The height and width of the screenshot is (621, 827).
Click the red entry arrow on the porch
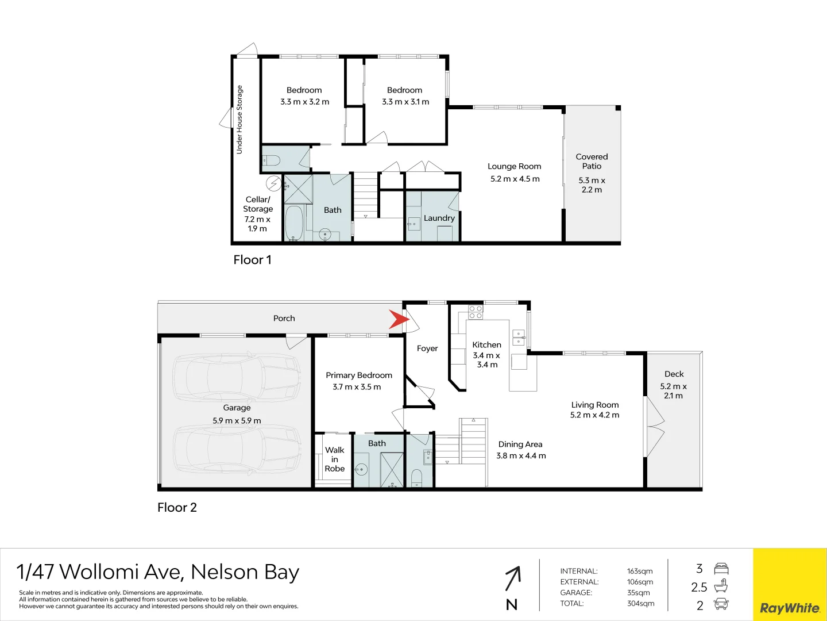(398, 320)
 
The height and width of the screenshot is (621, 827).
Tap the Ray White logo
(790, 608)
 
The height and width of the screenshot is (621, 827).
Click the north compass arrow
(512, 578)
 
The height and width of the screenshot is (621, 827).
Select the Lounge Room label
(514, 166)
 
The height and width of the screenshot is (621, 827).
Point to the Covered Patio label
(592, 161)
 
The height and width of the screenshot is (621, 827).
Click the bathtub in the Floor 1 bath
(294, 223)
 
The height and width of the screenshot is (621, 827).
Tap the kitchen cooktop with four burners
(476, 312)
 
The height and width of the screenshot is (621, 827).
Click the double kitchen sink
(519, 338)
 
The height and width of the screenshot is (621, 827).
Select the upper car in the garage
(237, 377)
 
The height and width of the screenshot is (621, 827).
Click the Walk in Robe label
(335, 459)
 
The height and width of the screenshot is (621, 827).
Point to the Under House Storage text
(239, 120)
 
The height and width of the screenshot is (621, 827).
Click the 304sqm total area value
(640, 603)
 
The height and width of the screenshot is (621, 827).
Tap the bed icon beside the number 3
(721, 569)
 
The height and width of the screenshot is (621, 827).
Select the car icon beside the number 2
(721, 604)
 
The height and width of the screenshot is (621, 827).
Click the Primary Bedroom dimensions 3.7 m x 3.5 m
(357, 387)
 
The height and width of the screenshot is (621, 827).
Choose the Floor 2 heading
(177, 507)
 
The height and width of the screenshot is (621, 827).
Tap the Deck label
(674, 374)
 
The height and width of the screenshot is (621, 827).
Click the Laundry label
(439, 218)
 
